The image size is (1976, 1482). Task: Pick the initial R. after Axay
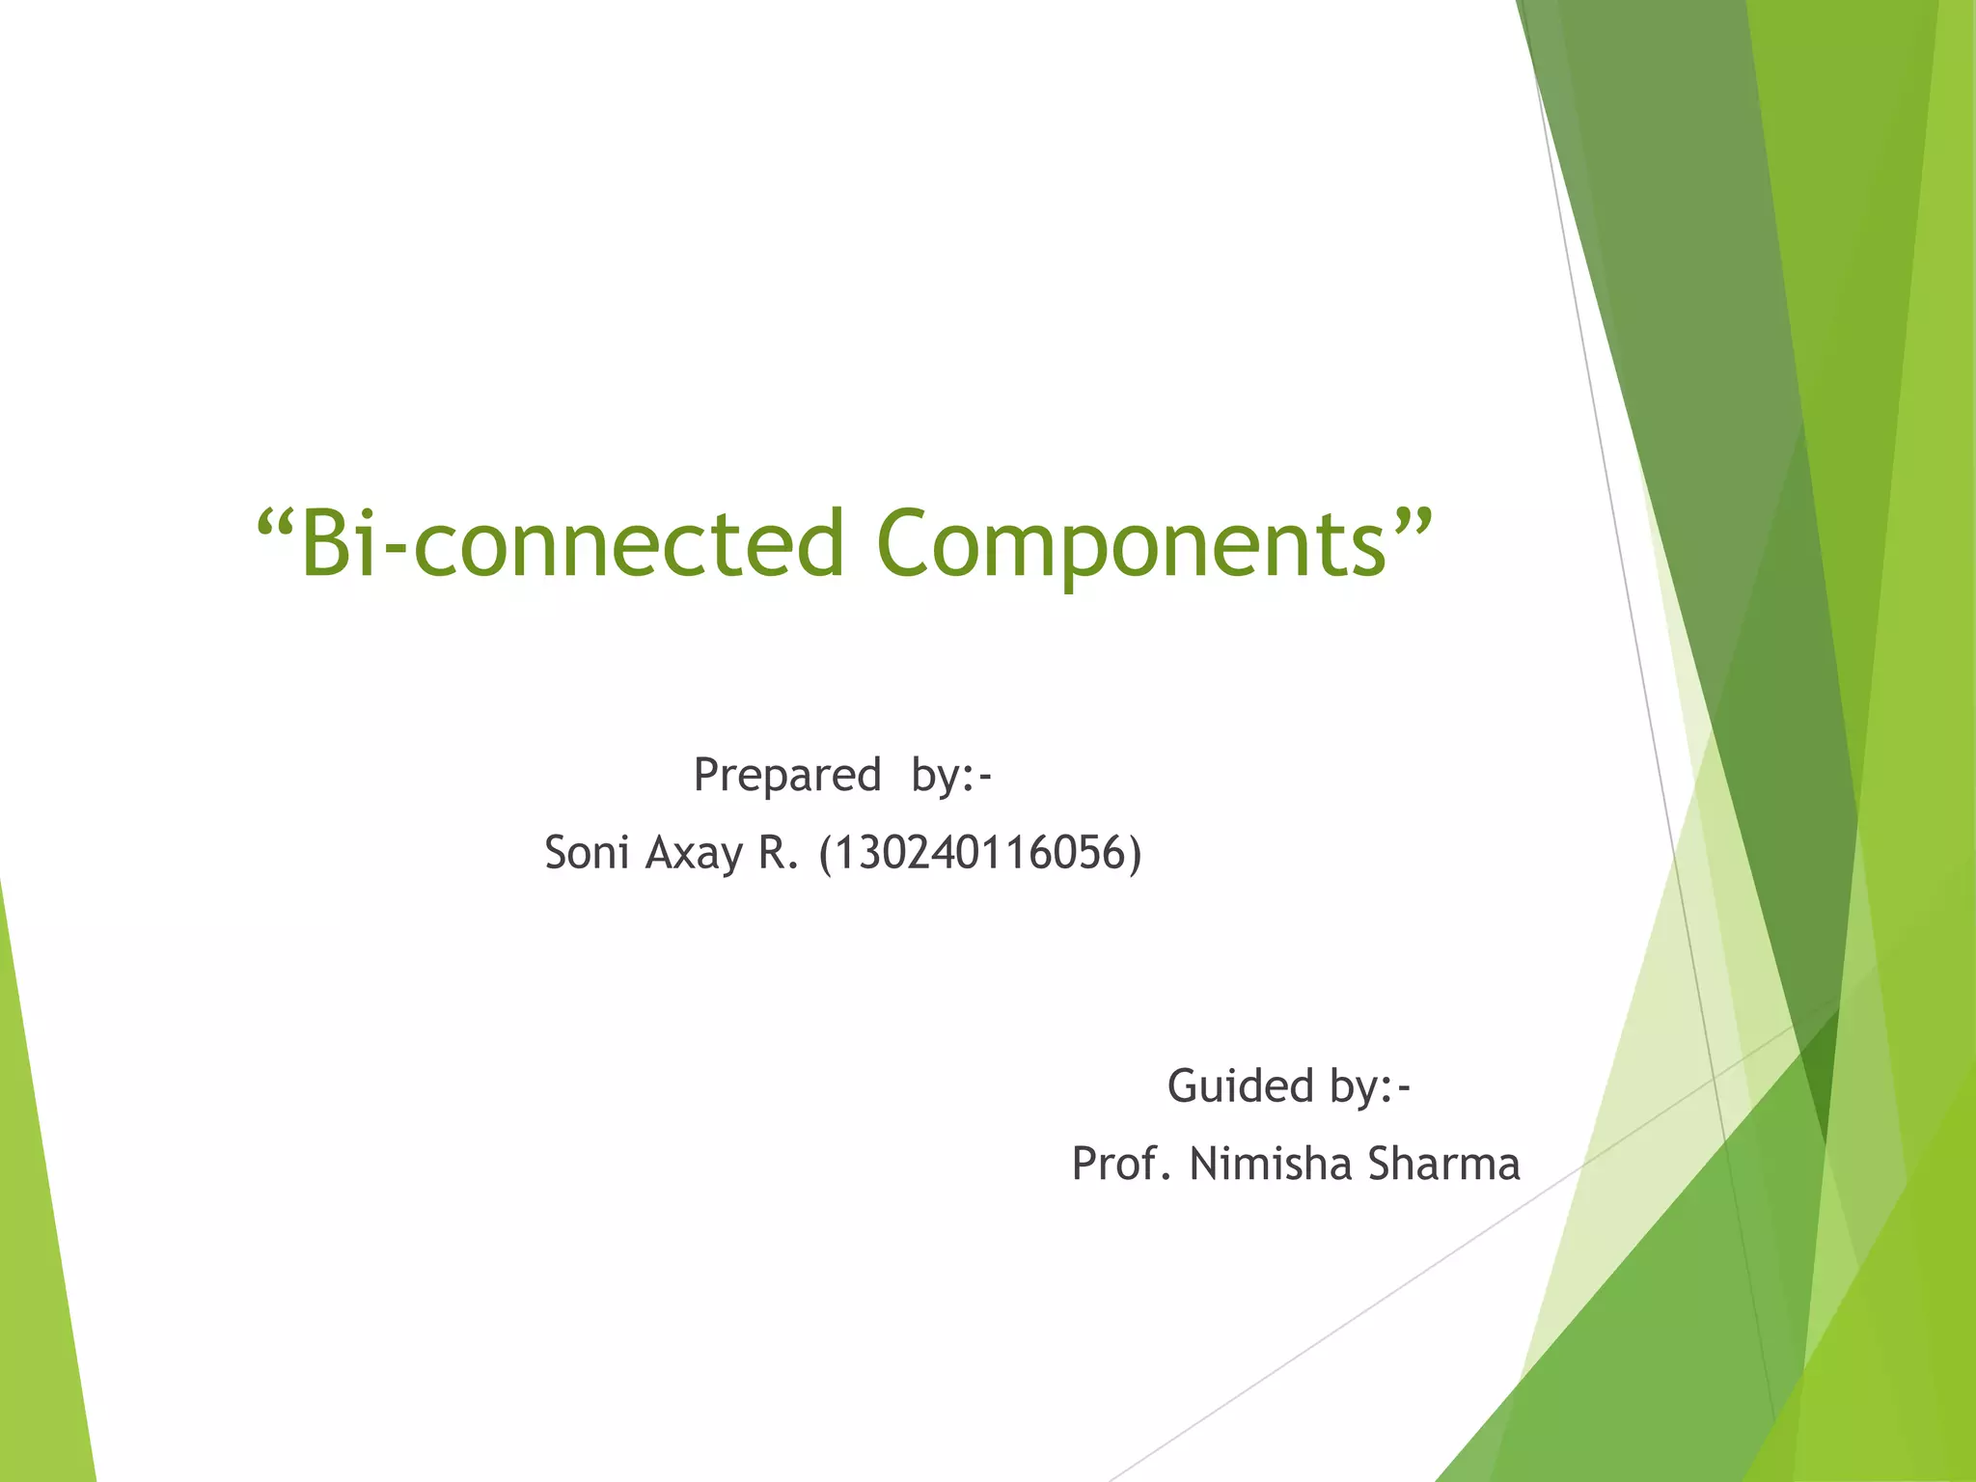pyautogui.click(x=778, y=854)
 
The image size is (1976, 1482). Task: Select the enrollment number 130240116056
pyautogui.click(x=980, y=854)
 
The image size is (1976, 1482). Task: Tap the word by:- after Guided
pyautogui.click(x=1370, y=1087)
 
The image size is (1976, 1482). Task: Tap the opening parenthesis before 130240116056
pyautogui.click(x=825, y=854)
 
